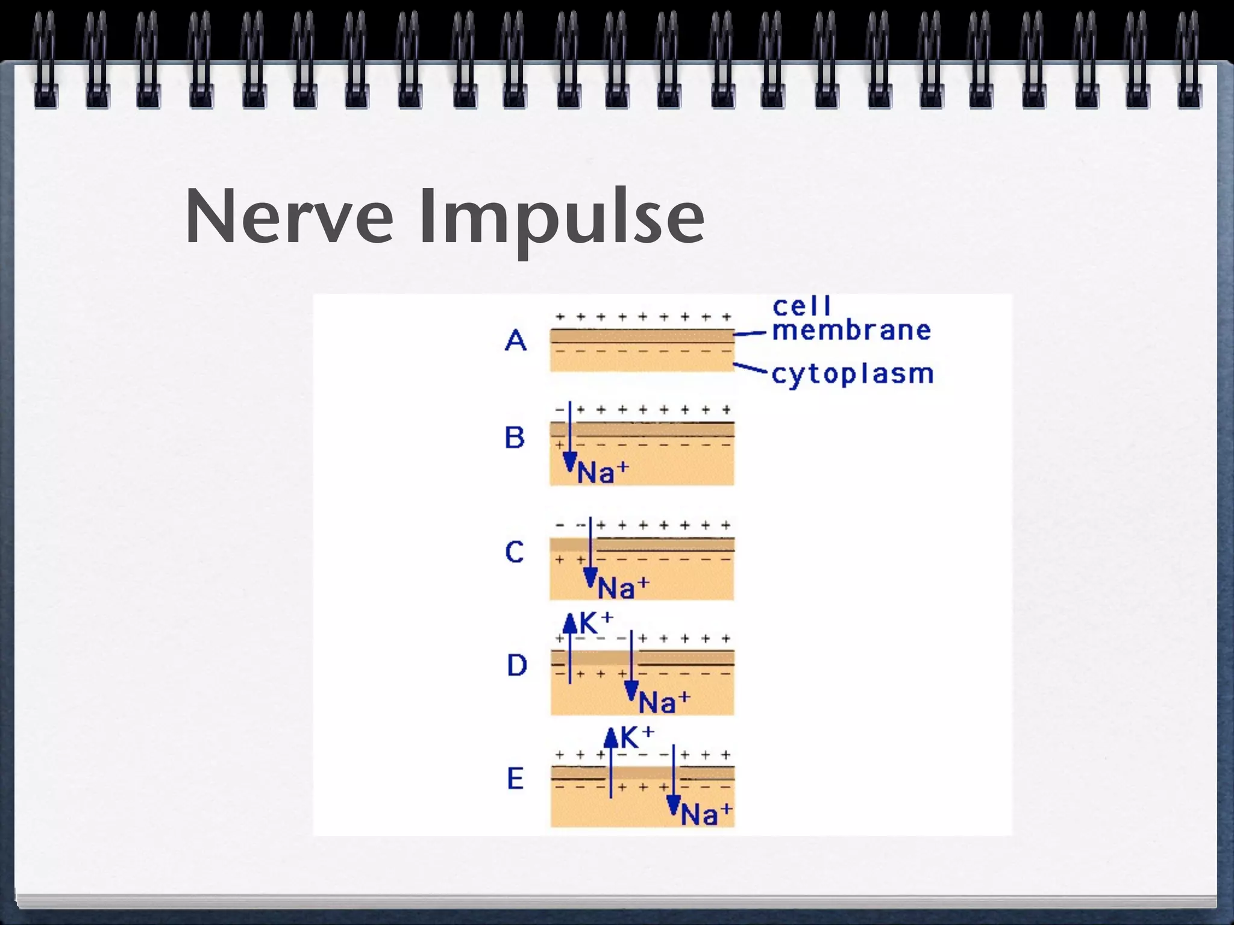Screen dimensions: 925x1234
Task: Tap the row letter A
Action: point(515,341)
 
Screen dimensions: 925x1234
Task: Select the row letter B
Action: point(515,437)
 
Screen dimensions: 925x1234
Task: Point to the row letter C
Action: point(515,552)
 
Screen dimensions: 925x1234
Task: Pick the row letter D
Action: point(516,665)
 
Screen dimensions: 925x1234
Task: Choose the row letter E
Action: point(515,779)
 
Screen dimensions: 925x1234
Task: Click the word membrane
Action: point(851,331)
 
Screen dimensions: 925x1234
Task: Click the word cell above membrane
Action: point(801,307)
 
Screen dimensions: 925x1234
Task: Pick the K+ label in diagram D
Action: point(596,623)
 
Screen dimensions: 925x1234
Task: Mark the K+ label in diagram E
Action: point(637,737)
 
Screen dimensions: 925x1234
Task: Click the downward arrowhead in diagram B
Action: point(569,463)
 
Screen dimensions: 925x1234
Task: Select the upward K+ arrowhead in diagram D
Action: point(570,623)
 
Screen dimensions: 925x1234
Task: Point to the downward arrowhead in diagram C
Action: point(590,578)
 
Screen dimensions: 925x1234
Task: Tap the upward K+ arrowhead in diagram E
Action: point(611,737)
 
